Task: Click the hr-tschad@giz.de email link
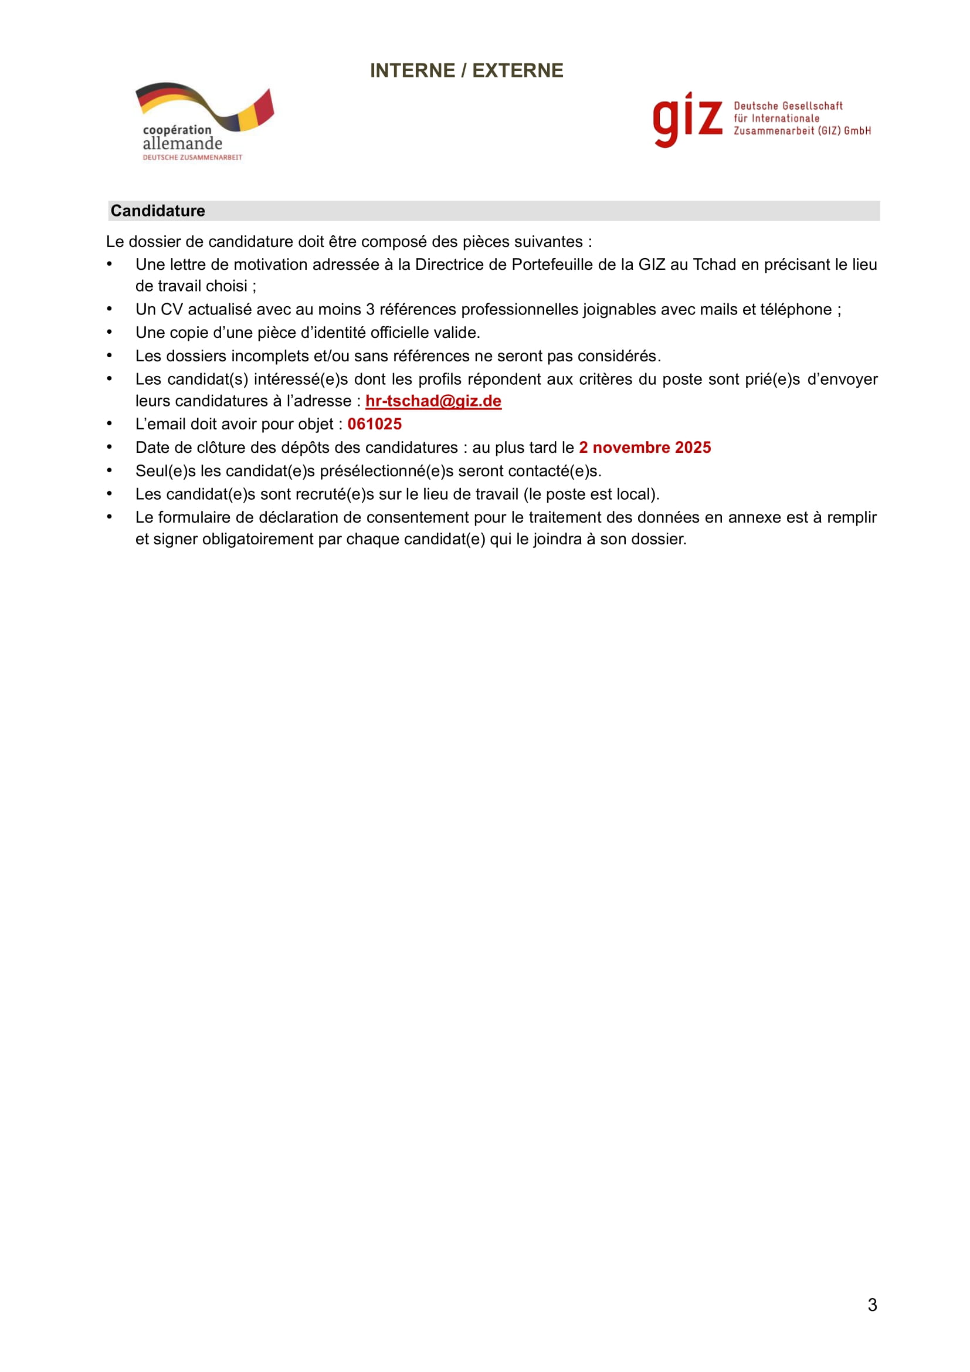tap(433, 401)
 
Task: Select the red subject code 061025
tap(375, 424)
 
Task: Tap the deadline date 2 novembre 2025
tap(645, 448)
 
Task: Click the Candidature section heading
tap(158, 211)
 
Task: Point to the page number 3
tap(872, 1305)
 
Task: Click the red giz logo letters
tap(687, 119)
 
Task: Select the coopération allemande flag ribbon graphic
tap(204, 106)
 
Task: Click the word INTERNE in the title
tap(412, 70)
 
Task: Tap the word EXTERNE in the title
tap(517, 70)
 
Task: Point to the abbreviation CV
tap(171, 310)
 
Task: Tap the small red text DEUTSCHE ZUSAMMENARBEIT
tap(192, 158)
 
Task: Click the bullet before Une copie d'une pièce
tap(109, 331)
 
